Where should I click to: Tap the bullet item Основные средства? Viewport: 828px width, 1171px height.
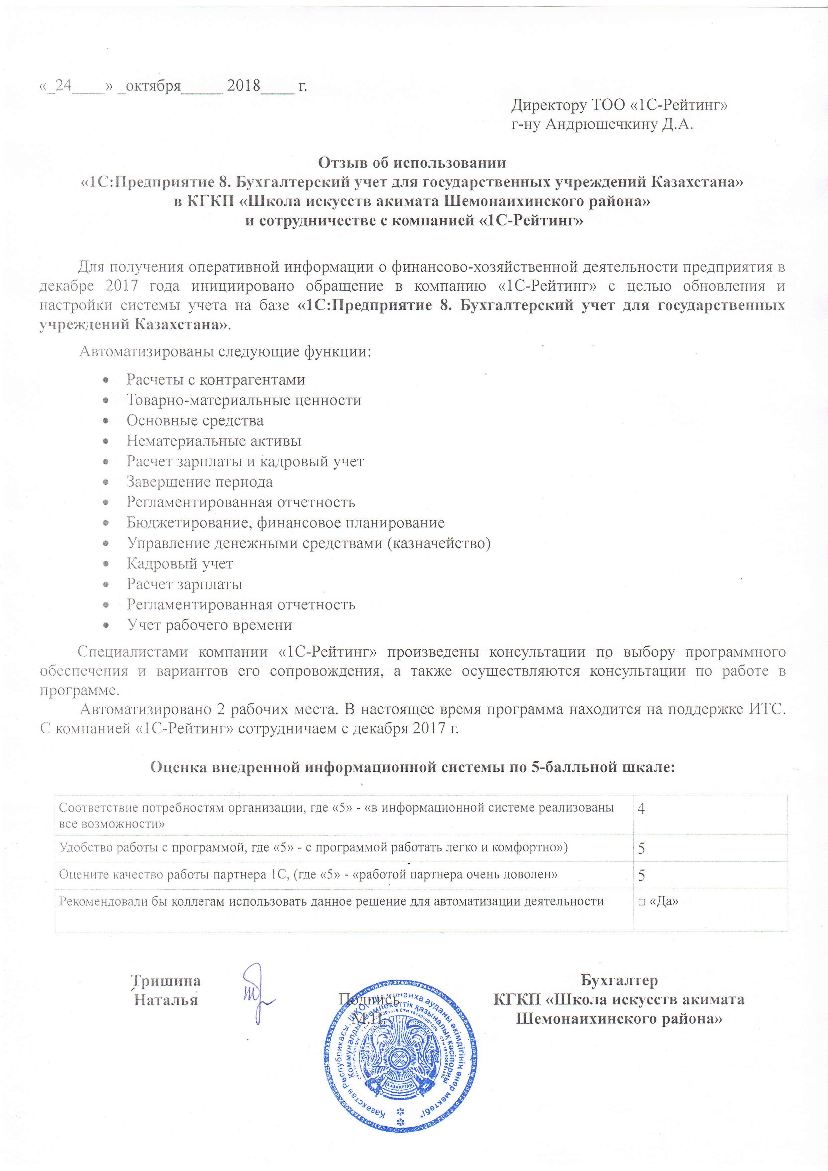click(x=195, y=421)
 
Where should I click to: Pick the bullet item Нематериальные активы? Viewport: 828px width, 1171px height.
click(x=214, y=441)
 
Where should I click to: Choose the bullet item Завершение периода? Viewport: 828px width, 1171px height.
click(x=199, y=482)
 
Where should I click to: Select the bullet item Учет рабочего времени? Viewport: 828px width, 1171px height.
click(x=209, y=625)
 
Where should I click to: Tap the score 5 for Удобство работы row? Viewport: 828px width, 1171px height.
click(x=641, y=849)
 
